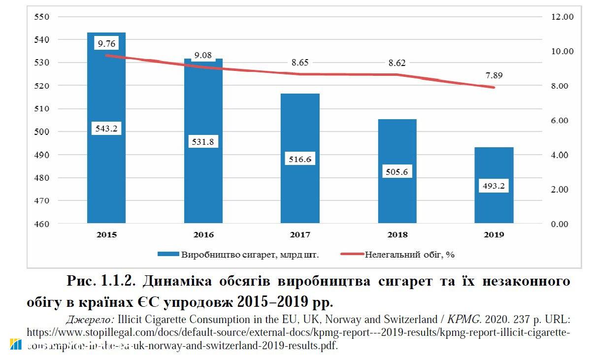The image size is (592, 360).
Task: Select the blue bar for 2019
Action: [x=494, y=207]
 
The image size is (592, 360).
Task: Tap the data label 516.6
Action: [x=300, y=160]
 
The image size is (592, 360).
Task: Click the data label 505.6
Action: [x=397, y=172]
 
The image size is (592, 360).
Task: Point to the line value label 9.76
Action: [x=106, y=44]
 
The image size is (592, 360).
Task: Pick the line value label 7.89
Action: [x=494, y=75]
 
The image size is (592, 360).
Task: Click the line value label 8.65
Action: [x=300, y=63]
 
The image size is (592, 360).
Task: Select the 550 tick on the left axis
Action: [x=42, y=17]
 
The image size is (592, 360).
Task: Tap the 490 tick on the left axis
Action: [x=42, y=155]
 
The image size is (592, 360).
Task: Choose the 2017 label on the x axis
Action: [x=300, y=235]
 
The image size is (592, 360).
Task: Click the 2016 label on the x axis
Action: [x=203, y=235]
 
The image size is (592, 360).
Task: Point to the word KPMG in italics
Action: [x=462, y=319]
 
